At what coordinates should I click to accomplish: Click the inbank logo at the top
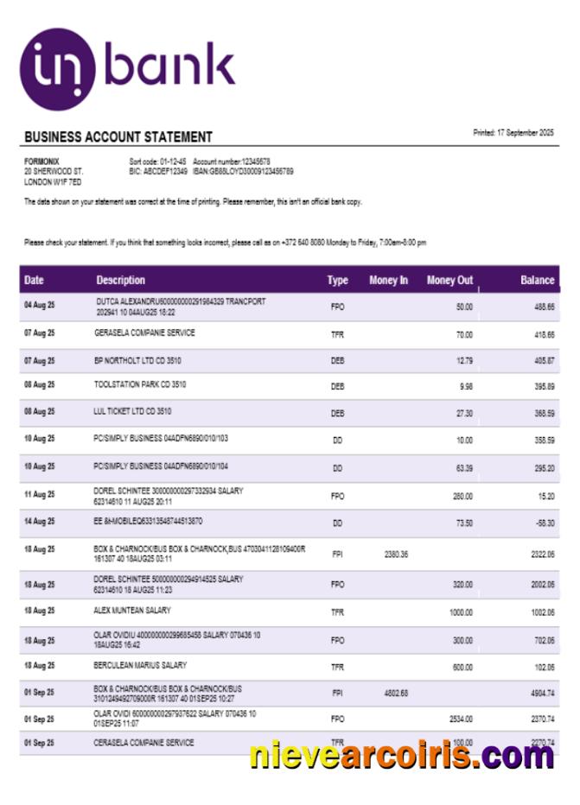(x=127, y=67)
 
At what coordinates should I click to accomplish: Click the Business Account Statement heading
(x=118, y=136)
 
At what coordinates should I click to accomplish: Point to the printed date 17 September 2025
(x=513, y=133)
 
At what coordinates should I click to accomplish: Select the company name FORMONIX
(x=41, y=162)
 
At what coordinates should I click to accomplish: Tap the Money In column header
(x=388, y=280)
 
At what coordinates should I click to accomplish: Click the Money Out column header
(x=449, y=280)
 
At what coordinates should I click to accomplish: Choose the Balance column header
(x=537, y=280)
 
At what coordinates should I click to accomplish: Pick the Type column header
(x=337, y=280)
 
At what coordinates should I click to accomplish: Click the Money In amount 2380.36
(x=395, y=554)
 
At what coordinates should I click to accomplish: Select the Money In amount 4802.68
(x=395, y=694)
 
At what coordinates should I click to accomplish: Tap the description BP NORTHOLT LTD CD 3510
(x=137, y=359)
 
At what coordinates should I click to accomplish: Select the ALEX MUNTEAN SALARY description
(x=132, y=611)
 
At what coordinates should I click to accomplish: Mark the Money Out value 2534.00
(x=461, y=718)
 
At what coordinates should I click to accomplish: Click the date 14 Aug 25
(x=39, y=522)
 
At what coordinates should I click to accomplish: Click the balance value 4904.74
(x=542, y=694)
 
